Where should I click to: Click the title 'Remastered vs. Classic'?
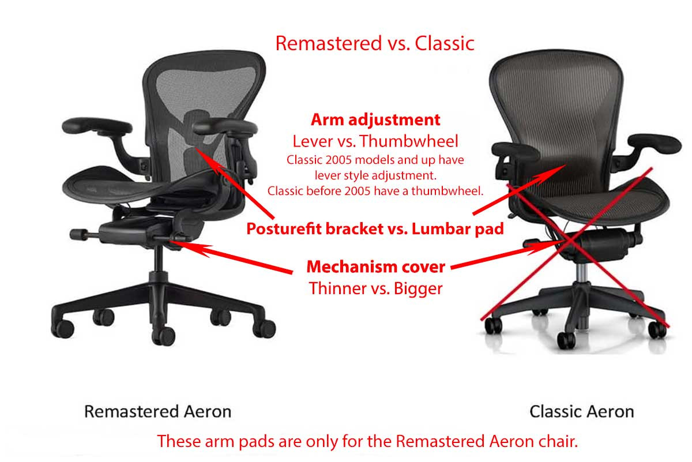click(x=375, y=43)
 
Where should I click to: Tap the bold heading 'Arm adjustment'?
click(x=375, y=119)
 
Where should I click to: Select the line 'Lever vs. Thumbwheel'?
click(x=375, y=141)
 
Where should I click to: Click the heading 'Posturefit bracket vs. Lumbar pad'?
click(x=375, y=228)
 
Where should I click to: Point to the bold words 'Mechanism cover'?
click(x=375, y=267)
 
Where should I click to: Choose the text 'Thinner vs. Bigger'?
click(x=375, y=288)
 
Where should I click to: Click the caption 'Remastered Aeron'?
click(x=157, y=412)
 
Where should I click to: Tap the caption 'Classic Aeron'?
click(x=581, y=412)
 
